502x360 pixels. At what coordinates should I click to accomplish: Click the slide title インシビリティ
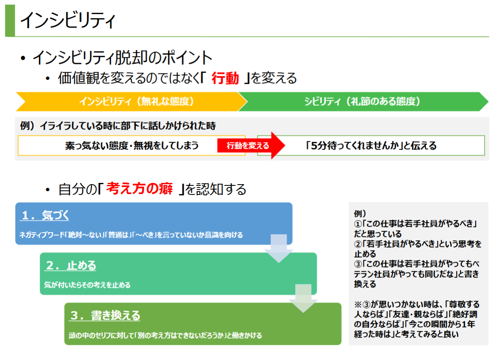click(68, 20)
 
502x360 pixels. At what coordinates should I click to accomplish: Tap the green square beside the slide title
click(10, 20)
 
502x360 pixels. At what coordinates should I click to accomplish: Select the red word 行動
click(225, 78)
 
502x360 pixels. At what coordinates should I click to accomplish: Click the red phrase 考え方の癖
click(139, 189)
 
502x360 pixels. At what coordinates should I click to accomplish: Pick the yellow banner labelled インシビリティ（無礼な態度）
click(131, 102)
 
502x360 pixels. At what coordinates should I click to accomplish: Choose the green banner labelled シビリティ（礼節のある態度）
click(363, 102)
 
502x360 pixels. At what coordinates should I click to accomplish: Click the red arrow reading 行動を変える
click(251, 146)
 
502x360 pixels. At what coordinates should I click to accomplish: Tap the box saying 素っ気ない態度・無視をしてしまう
click(131, 146)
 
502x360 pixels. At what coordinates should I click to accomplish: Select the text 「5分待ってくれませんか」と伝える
click(371, 146)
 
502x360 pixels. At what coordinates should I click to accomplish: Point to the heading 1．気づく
click(44, 215)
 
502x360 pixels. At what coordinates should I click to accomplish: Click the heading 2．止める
click(70, 265)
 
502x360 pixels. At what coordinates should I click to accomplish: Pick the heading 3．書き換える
click(104, 315)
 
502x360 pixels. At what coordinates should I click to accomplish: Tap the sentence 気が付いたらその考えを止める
click(87, 285)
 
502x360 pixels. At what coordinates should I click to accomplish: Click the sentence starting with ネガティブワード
click(131, 235)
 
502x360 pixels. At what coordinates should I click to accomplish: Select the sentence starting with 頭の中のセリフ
click(165, 336)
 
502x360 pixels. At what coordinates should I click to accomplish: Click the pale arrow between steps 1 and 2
click(279, 248)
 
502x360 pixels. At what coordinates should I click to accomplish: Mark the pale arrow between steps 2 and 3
click(303, 298)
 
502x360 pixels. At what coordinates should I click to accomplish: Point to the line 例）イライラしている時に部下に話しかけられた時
click(118, 126)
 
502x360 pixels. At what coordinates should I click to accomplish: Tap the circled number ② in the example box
click(358, 244)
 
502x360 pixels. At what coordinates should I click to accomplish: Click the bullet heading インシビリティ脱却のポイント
click(122, 58)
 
